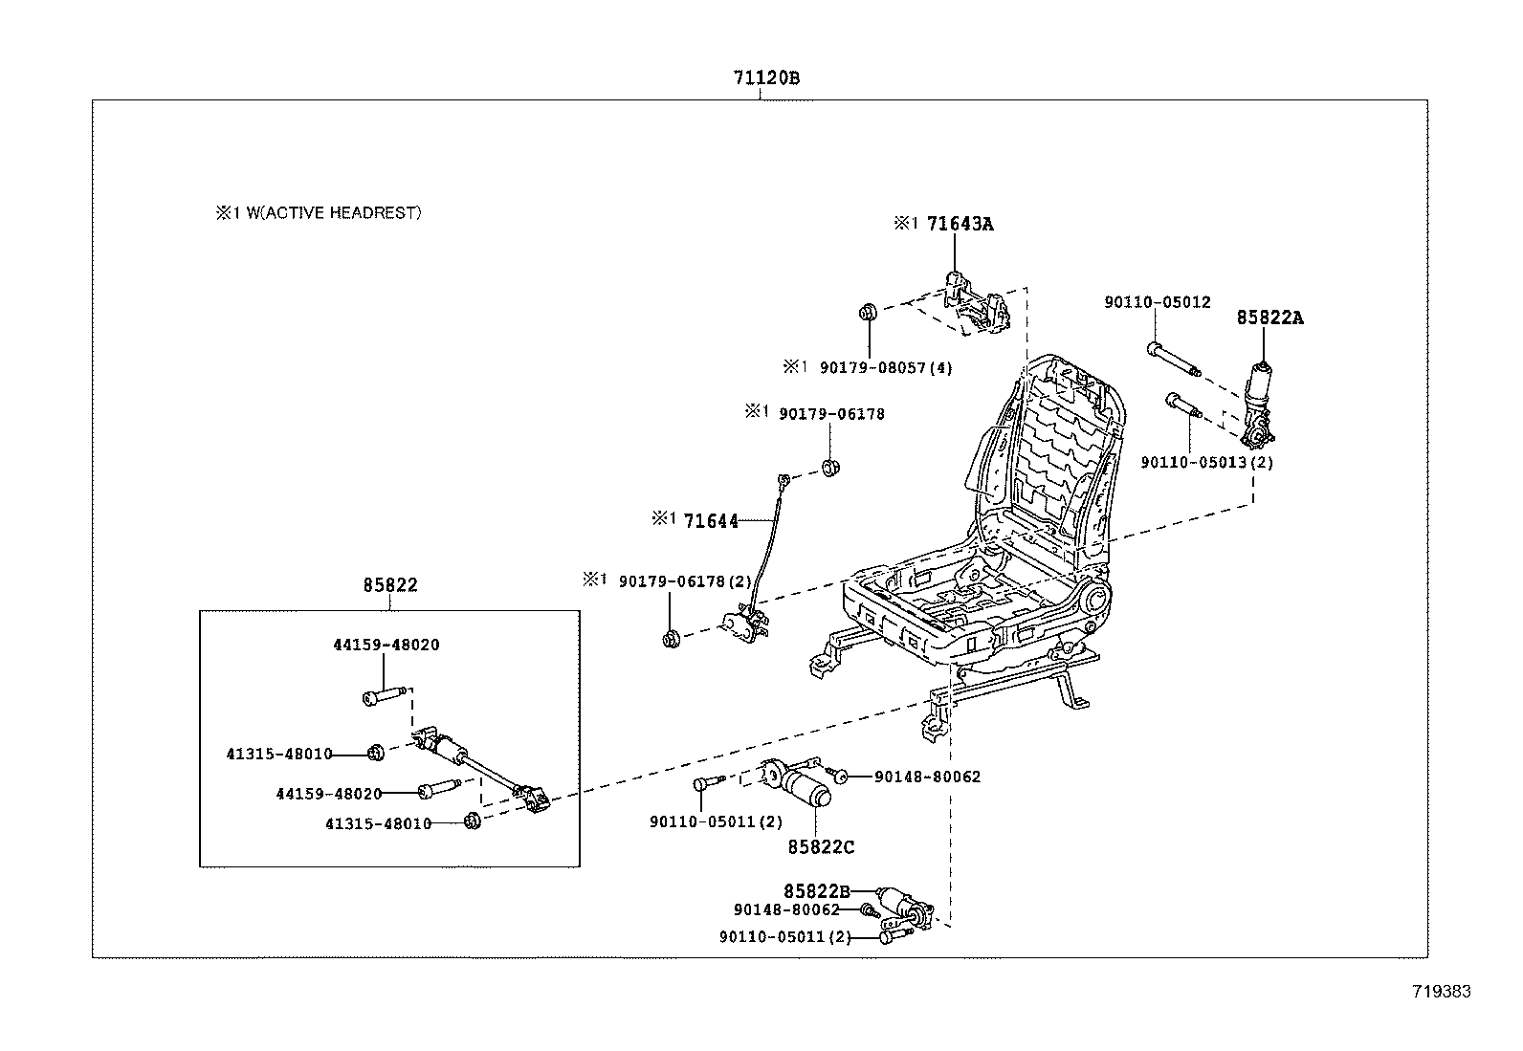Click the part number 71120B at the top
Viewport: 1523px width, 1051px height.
click(766, 79)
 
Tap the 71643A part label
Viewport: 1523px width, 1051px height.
click(960, 224)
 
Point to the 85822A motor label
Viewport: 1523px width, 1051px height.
click(1269, 317)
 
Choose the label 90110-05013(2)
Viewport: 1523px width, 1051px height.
click(1206, 463)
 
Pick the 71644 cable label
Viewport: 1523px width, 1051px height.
click(711, 521)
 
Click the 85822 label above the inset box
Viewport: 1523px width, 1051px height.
click(390, 585)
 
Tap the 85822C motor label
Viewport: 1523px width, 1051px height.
click(821, 846)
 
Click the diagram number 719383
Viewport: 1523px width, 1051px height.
click(1441, 992)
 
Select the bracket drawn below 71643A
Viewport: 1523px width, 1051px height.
click(976, 306)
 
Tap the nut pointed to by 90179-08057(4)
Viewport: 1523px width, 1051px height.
click(869, 313)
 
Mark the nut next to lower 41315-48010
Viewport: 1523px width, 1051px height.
click(471, 821)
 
